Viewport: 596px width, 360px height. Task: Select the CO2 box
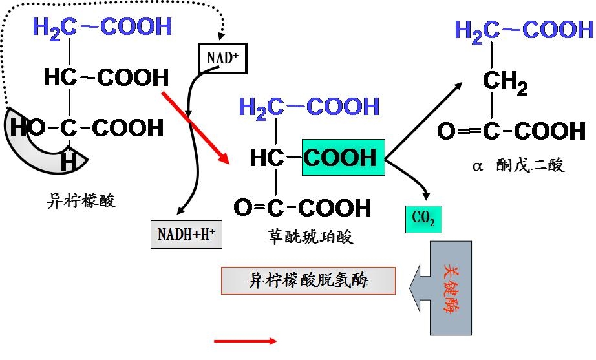click(423, 220)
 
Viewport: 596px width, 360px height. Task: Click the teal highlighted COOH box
click(343, 157)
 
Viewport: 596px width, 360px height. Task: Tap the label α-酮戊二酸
click(518, 166)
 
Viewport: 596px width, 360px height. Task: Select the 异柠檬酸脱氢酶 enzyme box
click(308, 281)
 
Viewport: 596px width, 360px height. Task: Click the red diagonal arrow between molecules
click(195, 126)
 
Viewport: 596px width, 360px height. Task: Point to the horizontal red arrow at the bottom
click(245, 341)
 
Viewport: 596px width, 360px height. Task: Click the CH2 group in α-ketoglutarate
click(505, 83)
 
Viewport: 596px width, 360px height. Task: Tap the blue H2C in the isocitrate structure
click(55, 27)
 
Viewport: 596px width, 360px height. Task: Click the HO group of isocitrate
click(27, 128)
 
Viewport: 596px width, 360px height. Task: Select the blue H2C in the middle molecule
click(262, 107)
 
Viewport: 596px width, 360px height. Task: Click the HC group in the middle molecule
click(267, 158)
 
